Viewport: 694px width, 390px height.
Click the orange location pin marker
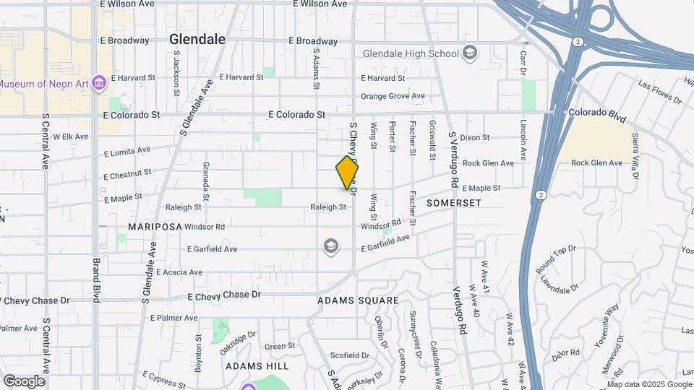coord(347,173)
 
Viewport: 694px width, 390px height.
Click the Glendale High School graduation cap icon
coord(470,53)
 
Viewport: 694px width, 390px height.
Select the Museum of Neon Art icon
coord(99,84)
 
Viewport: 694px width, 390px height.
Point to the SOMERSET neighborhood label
coord(453,203)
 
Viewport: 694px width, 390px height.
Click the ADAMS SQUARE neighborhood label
coord(358,300)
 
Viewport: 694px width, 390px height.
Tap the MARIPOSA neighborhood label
coord(155,226)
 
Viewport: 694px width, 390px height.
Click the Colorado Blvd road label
coord(597,113)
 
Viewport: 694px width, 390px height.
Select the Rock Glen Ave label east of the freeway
coord(596,163)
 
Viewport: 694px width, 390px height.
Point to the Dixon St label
coord(474,137)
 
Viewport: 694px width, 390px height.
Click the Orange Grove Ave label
coord(393,96)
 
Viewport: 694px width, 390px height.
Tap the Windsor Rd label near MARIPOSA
coord(205,227)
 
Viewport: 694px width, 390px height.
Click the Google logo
coord(24,381)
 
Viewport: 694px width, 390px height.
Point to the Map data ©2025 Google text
coord(648,384)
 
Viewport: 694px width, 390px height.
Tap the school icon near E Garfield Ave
coord(331,248)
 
